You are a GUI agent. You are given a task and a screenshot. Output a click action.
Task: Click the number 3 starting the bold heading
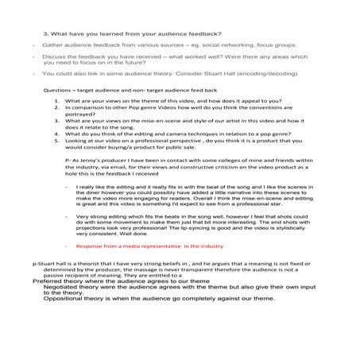[45, 33]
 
